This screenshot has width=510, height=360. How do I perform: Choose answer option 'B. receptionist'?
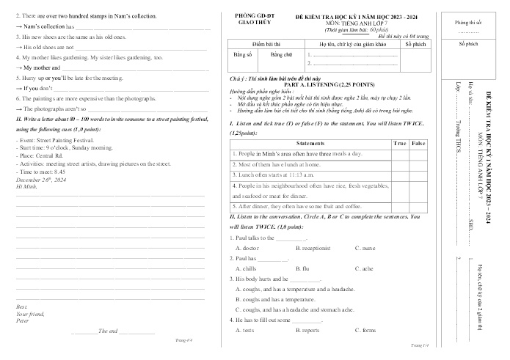click(x=312, y=249)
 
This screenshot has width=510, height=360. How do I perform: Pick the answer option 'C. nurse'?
click(x=365, y=249)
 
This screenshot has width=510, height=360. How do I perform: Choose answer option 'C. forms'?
click(x=365, y=331)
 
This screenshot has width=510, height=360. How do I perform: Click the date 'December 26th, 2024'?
click(x=40, y=180)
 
